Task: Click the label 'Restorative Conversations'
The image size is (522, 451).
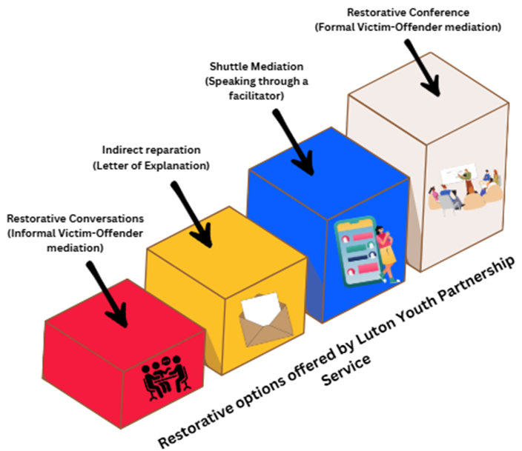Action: click(x=75, y=218)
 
